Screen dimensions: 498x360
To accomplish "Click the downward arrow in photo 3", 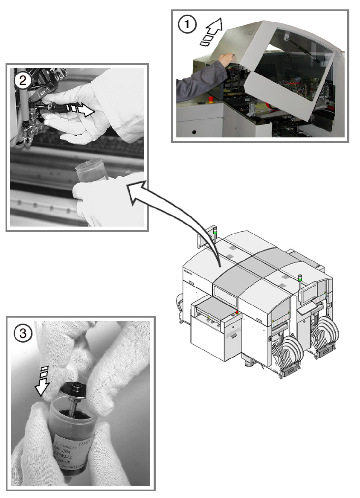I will (x=43, y=381).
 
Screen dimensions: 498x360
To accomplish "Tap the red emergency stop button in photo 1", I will (x=210, y=99).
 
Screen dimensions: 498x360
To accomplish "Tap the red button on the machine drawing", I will (x=237, y=313).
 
